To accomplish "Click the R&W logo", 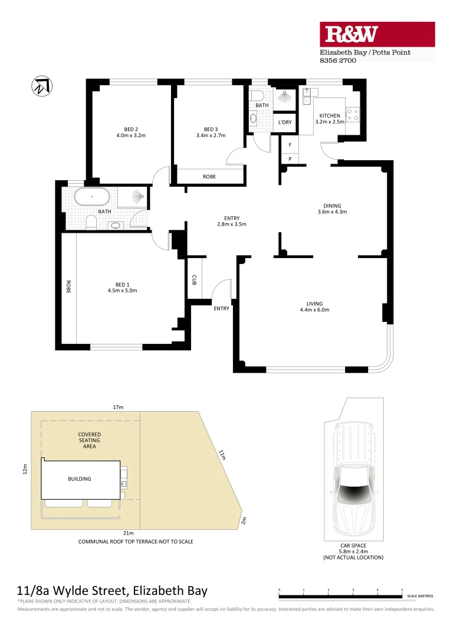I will click(x=377, y=34).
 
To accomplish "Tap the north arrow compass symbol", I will click(x=40, y=86).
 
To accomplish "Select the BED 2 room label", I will click(x=131, y=129).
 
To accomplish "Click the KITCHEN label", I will click(x=330, y=115).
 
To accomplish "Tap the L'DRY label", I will click(x=285, y=122).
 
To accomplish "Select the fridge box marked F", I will click(x=290, y=145).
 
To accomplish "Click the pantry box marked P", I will click(x=290, y=158).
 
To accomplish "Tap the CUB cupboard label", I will click(x=194, y=279).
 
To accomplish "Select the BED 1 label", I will click(x=122, y=284).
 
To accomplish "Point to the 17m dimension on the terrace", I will click(x=118, y=407).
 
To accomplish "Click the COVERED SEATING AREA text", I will click(x=89, y=440).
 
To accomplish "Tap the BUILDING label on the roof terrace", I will click(x=79, y=479).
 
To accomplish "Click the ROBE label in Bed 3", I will click(x=209, y=177).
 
